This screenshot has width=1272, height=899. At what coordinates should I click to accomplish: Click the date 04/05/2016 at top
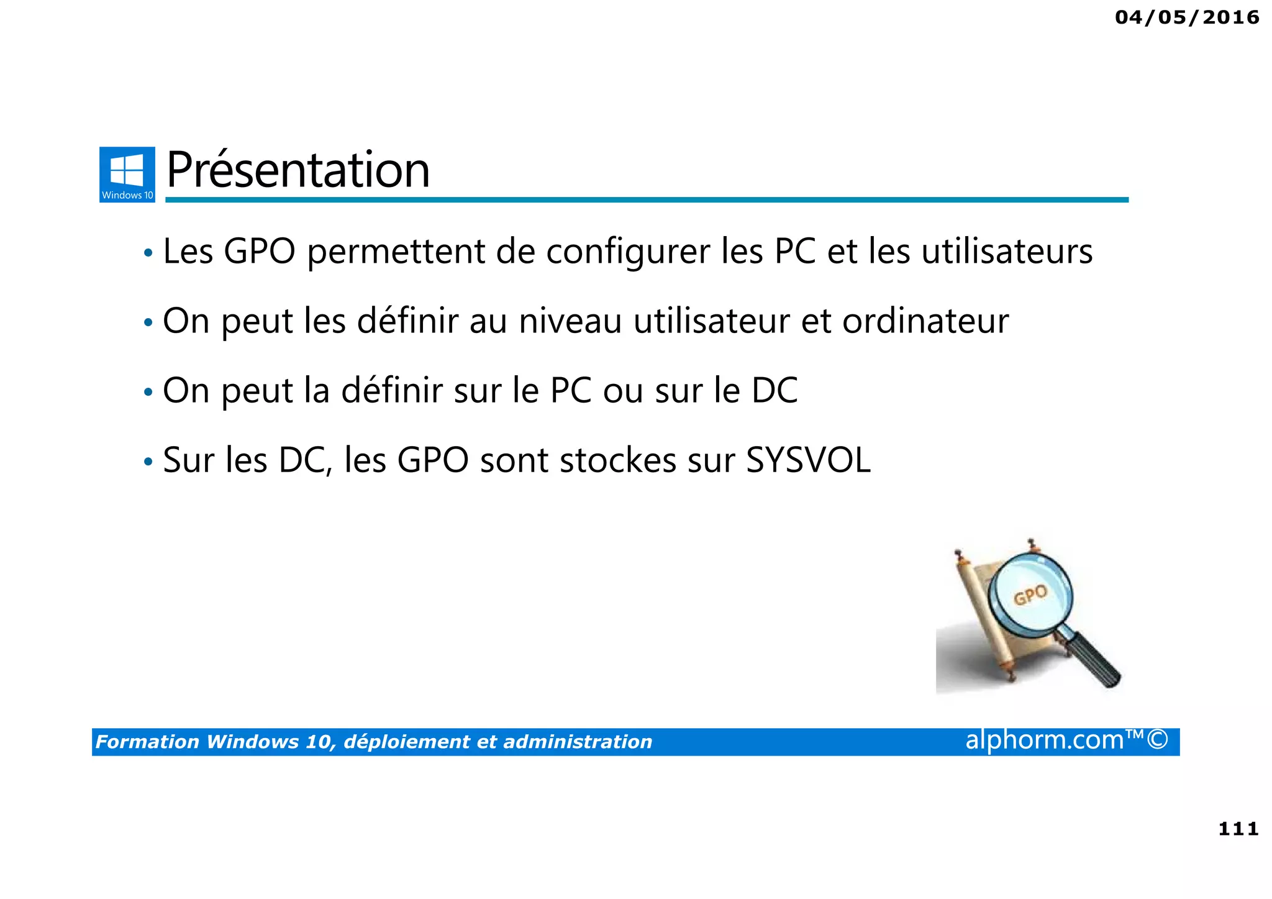point(1186,17)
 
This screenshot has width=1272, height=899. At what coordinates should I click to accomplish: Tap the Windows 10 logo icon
point(127,174)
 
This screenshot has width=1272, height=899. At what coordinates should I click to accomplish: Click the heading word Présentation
point(298,170)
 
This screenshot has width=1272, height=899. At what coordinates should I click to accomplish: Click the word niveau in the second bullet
point(570,321)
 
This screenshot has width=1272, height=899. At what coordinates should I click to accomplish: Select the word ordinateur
point(925,321)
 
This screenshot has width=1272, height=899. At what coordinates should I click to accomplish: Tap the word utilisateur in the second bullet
point(711,321)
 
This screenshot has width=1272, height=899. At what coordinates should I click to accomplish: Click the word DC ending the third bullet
point(774,391)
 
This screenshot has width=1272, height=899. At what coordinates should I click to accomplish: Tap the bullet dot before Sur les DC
point(148,462)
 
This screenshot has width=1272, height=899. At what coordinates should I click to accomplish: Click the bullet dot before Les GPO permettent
point(148,253)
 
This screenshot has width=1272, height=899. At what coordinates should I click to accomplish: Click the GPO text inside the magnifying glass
point(1030,595)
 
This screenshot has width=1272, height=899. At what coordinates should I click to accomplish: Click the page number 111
point(1238,829)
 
